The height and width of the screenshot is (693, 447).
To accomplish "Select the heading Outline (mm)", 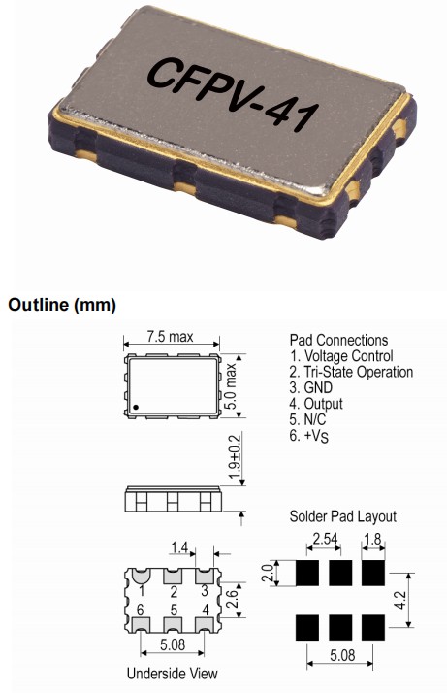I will (x=62, y=305).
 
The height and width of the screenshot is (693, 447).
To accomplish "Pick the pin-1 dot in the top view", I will (x=138, y=407).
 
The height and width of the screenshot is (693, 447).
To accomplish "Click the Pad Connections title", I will (x=338, y=340).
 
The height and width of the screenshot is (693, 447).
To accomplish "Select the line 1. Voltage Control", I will (x=341, y=356).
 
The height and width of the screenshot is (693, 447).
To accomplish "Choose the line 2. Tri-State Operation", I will (x=351, y=372).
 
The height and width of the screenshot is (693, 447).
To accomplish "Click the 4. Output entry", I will (x=316, y=404).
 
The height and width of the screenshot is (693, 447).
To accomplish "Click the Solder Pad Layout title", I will (x=342, y=516).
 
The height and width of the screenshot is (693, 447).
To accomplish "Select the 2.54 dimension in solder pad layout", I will (x=323, y=540).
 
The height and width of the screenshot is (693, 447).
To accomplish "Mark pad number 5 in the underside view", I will (x=172, y=610).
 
